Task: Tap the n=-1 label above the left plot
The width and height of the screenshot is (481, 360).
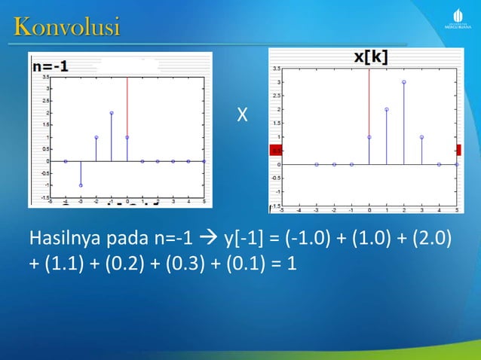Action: click(50, 67)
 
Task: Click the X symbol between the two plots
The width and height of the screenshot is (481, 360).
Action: click(241, 115)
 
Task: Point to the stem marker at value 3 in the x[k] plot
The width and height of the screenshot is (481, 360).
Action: click(404, 82)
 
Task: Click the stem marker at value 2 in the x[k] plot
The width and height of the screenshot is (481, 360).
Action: click(387, 109)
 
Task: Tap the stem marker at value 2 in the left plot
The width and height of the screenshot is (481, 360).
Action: click(112, 113)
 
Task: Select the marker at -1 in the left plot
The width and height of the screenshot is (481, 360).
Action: click(81, 185)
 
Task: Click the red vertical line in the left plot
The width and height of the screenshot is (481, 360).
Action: click(127, 105)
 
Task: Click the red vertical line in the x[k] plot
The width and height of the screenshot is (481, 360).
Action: click(369, 98)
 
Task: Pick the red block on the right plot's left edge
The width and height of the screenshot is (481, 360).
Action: click(274, 150)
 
